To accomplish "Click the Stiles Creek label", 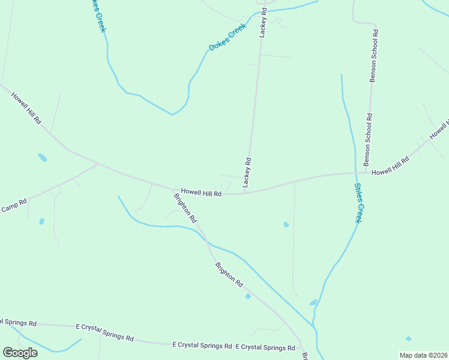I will coord(358,203).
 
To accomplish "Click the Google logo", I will coord(20,353).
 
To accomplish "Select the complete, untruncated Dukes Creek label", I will coord(228,37).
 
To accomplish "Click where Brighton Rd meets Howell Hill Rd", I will coord(175,190).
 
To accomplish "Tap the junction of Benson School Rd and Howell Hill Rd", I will coord(366,173).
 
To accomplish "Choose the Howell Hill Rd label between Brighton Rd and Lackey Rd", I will coord(202,193).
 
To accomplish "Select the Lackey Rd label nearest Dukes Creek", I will coord(262,23).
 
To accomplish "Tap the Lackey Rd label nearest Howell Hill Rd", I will coord(247,173).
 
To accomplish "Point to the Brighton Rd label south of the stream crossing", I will coord(229,274).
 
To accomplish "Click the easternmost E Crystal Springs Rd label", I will coord(265,347).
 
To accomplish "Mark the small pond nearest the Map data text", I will coord(409,338).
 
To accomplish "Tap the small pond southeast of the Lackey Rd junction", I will coord(286,224).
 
